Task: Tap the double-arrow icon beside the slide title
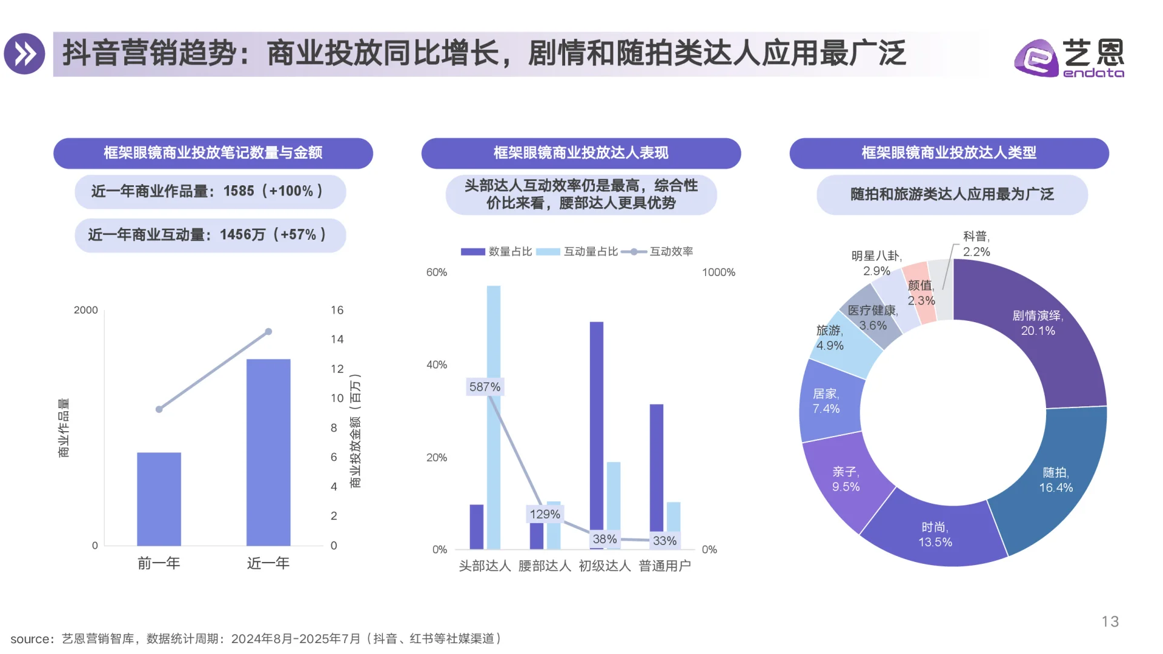pos(25,54)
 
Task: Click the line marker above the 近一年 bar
pos(268,332)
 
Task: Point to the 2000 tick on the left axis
pos(85,310)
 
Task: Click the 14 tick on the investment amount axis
pos(337,339)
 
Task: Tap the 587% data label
pos(485,387)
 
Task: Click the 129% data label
pos(545,514)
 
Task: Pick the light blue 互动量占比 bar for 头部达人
pos(494,418)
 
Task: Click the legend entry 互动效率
pos(671,251)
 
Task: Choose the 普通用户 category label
pos(664,566)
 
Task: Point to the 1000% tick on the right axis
pos(718,272)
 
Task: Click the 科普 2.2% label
pos(976,244)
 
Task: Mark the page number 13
pos(1110,621)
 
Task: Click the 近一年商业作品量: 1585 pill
pos(210,191)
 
